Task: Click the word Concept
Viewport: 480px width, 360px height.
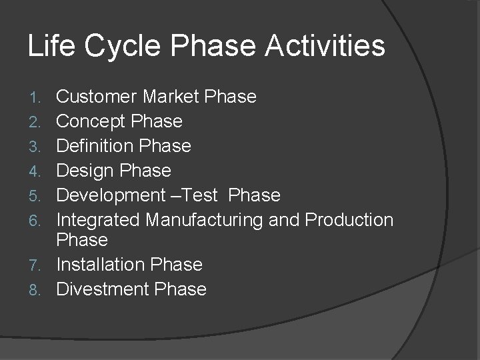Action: [x=91, y=122]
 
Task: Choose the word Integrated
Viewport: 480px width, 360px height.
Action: [x=98, y=220]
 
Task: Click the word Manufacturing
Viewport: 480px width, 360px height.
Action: [x=213, y=220]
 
